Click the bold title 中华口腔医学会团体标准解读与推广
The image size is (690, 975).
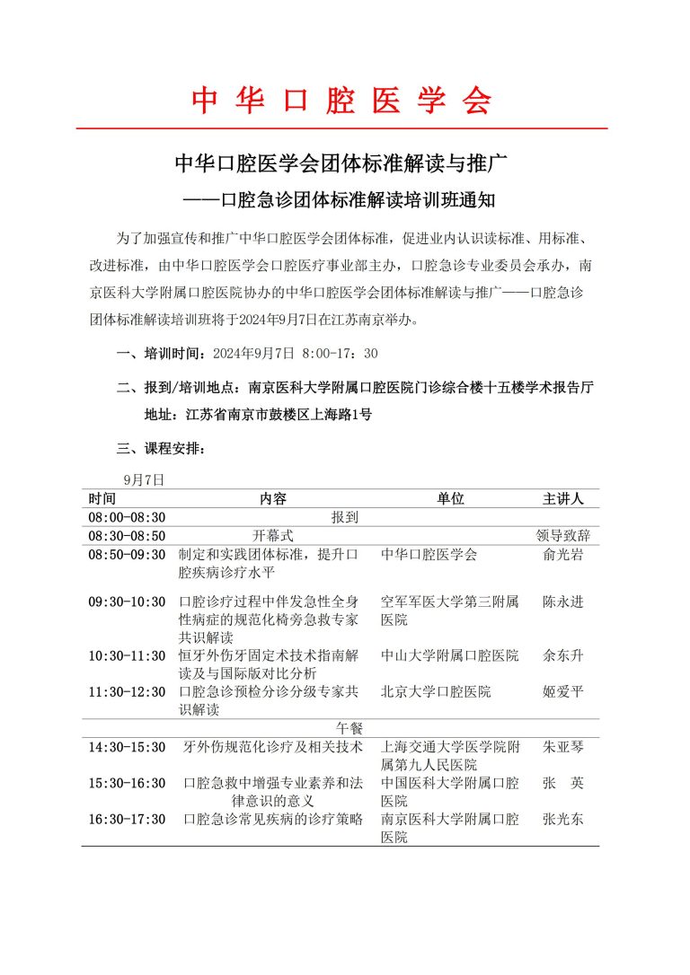[341, 164]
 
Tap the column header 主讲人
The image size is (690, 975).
[563, 499]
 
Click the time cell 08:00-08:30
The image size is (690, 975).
[127, 517]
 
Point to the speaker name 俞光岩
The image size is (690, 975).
[563, 555]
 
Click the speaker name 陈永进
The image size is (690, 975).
[563, 602]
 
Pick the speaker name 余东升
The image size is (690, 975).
[563, 656]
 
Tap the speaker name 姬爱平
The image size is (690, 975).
[563, 692]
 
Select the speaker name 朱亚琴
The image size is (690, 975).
[563, 746]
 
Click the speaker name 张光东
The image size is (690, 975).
[563, 819]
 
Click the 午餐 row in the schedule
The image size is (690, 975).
[345, 726]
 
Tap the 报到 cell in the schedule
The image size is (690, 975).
[345, 517]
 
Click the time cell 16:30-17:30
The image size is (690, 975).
[127, 819]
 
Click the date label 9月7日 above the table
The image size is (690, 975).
[145, 480]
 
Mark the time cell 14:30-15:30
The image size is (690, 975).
[127, 746]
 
